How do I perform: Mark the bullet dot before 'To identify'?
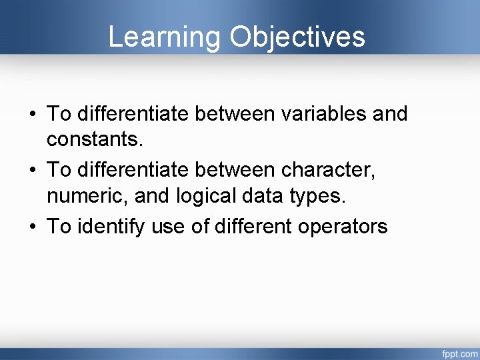pyautogui.click(x=33, y=227)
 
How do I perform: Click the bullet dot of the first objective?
pyautogui.click(x=33, y=115)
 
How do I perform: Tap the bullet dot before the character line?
pyautogui.click(x=33, y=171)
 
